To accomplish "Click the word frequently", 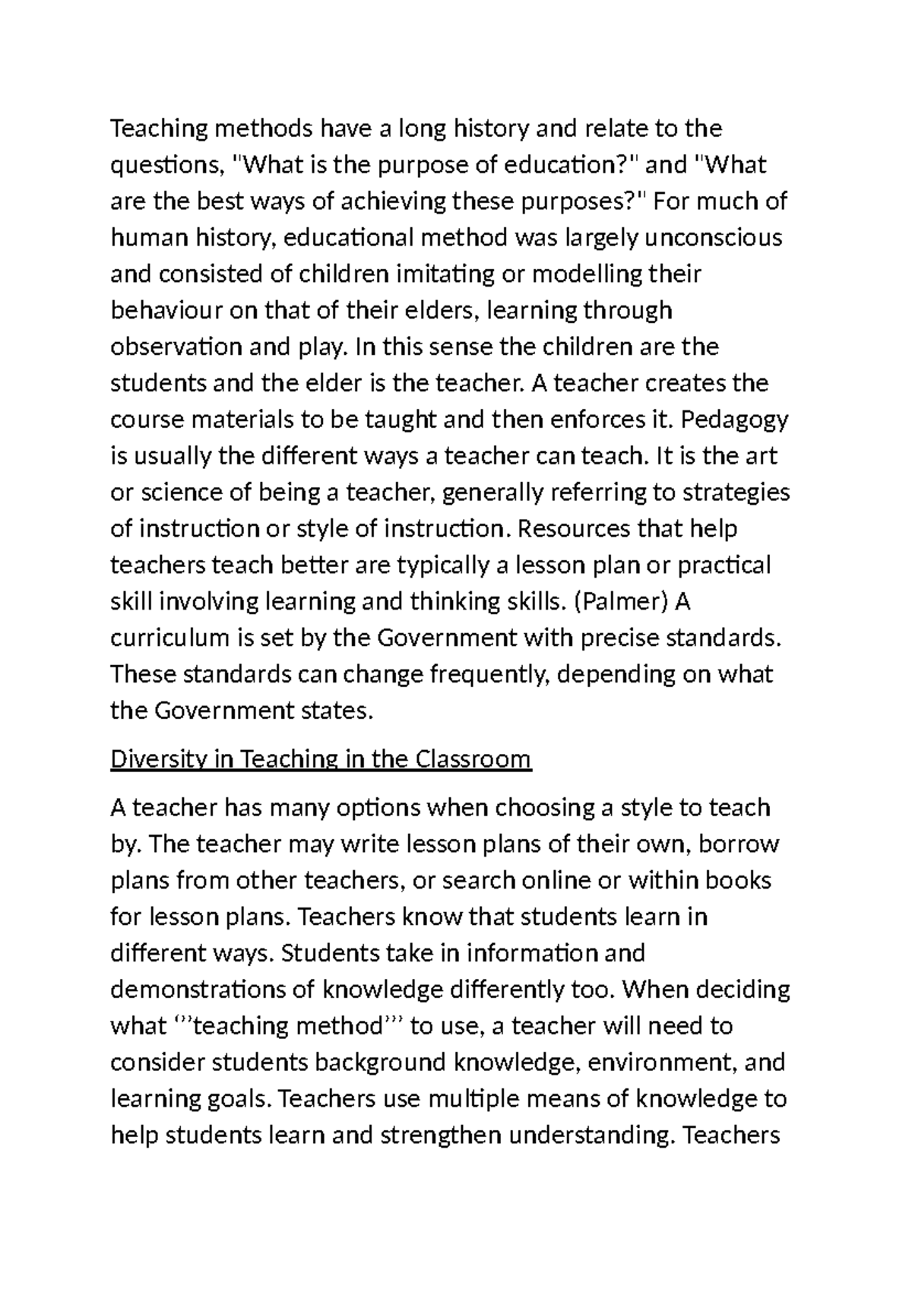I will (482, 674).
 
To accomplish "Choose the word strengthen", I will (440, 1135).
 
